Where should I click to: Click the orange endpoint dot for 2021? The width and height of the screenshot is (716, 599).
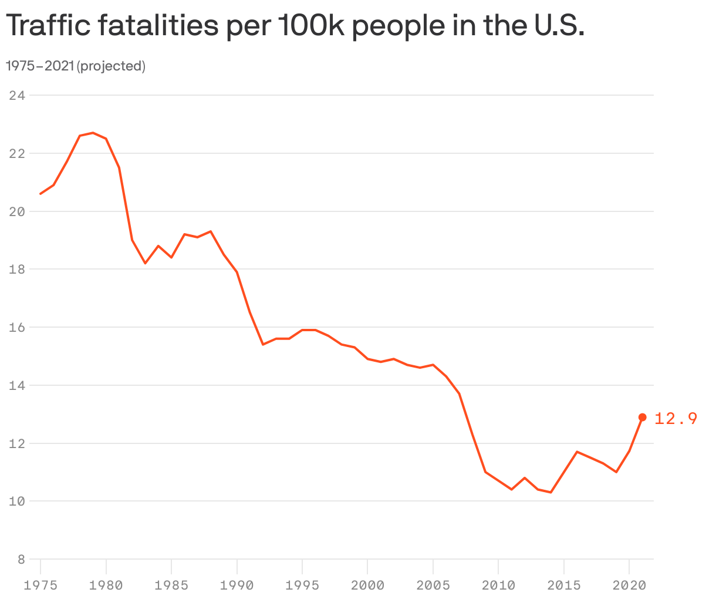coord(642,417)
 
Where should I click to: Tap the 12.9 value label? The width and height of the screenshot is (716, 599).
coord(676,418)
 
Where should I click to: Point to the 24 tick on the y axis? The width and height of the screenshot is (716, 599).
coord(18,95)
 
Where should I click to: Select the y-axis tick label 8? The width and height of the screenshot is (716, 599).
coord(21,560)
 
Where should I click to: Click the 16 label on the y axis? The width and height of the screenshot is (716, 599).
coord(18,327)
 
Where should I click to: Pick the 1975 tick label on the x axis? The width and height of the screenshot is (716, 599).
coord(40,585)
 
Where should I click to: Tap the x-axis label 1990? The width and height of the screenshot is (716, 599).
coord(237,585)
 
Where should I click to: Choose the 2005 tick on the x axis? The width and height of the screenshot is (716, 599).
coord(433,585)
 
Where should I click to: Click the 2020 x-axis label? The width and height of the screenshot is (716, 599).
coord(629,585)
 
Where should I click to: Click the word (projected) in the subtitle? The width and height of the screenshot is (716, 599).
coord(112,66)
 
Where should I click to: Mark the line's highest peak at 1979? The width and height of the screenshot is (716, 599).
coord(93,133)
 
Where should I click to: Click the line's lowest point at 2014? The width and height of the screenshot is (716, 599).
coord(550,492)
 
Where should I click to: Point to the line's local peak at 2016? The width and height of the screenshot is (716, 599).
coord(577,452)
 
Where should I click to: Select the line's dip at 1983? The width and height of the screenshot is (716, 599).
coord(145,263)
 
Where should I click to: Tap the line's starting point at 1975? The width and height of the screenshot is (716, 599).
coord(40,194)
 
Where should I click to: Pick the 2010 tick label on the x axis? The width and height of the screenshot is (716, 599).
coord(498,585)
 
